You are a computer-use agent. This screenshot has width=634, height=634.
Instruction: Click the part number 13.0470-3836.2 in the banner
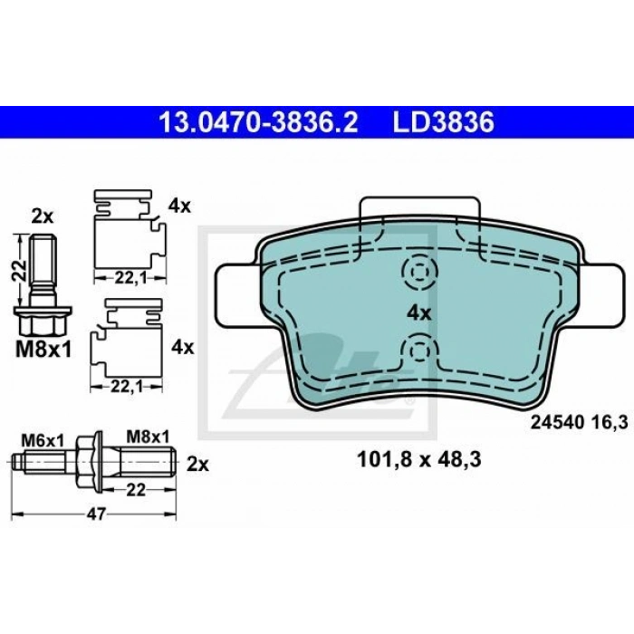click(258, 122)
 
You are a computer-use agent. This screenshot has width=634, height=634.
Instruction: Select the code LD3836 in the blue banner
click(444, 122)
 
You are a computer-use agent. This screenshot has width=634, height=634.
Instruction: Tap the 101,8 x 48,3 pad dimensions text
click(418, 460)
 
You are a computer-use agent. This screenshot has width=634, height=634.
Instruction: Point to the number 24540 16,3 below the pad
click(579, 423)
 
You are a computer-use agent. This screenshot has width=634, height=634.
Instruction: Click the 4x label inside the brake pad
click(418, 313)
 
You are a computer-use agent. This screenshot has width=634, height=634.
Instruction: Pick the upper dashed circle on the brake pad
click(419, 272)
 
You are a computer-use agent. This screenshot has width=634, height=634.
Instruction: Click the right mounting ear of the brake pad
click(600, 295)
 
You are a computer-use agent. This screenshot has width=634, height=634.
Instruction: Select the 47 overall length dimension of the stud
click(95, 514)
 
